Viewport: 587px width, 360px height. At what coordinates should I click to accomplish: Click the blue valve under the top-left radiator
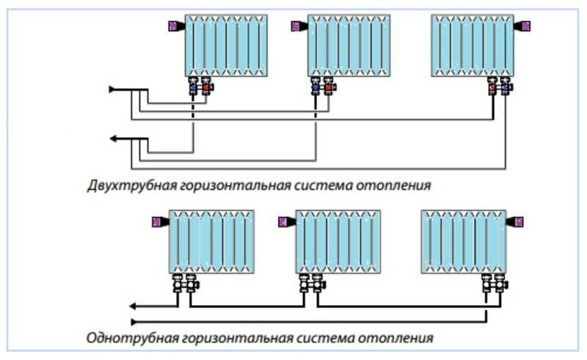click(x=193, y=88)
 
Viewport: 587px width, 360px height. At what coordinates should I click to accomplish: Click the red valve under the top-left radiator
click(x=207, y=88)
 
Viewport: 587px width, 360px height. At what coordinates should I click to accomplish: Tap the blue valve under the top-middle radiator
click(x=316, y=88)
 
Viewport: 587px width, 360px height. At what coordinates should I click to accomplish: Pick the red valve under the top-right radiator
click(x=492, y=88)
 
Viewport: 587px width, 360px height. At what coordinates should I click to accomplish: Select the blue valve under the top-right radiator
click(x=506, y=88)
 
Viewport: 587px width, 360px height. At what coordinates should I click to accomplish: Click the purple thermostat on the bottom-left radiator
click(x=156, y=219)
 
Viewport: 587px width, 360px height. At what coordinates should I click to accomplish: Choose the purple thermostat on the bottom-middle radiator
click(x=282, y=219)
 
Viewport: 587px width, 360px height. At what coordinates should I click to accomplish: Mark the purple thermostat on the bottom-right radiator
click(x=517, y=219)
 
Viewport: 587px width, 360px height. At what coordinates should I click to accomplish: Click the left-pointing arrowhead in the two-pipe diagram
click(x=114, y=138)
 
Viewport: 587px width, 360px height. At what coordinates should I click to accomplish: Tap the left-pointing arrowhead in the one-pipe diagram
click(x=133, y=306)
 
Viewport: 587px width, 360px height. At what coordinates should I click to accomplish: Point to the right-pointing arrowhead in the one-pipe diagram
click(x=134, y=321)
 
